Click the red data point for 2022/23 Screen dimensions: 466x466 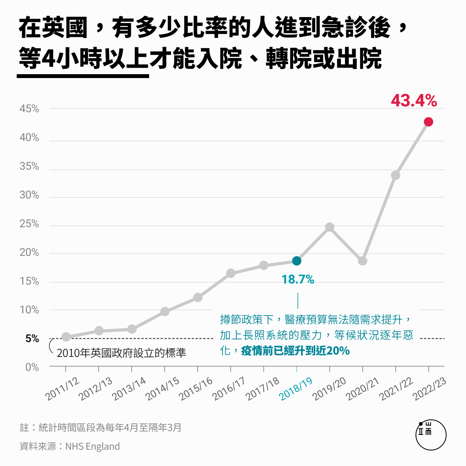point(428,122)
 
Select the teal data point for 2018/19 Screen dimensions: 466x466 point(297,261)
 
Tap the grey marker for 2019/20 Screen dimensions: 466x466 point(330,227)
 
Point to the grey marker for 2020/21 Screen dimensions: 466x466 point(363,261)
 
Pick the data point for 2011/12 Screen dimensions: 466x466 point(66,337)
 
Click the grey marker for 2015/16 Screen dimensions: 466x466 point(198,297)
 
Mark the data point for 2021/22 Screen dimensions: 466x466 point(396,176)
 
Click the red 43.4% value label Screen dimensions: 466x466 point(414,101)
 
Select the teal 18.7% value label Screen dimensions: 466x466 point(298,279)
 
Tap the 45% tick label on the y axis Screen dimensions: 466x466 point(30,109)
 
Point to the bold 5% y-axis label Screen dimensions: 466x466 point(32,339)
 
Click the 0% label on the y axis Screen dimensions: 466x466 point(32,367)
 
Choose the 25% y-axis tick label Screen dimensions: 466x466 point(30,224)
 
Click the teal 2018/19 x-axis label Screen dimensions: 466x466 point(296,388)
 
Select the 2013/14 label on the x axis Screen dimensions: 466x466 point(129,389)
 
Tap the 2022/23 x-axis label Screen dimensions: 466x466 point(429,389)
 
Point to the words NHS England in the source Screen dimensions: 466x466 point(92,447)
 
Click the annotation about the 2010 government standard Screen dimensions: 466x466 point(121,353)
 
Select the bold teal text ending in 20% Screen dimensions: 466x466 point(296,351)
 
